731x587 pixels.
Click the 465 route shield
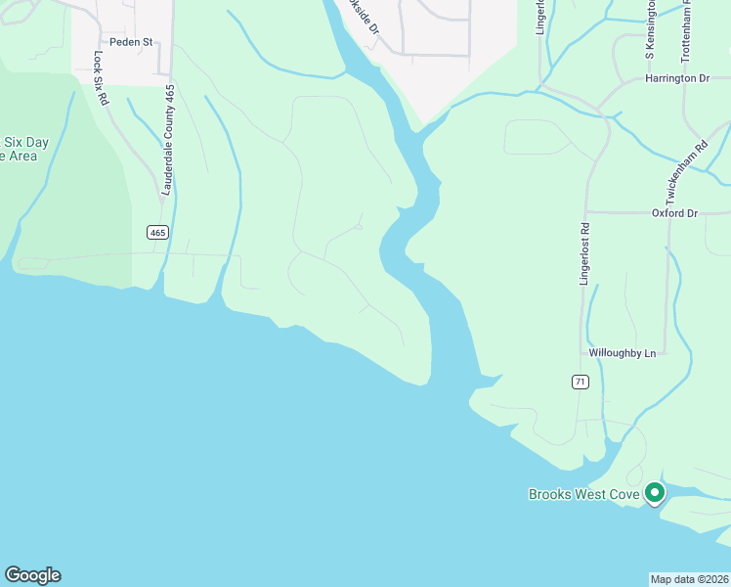click(158, 232)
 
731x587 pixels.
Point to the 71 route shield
click(580, 382)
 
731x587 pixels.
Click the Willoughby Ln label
click(622, 353)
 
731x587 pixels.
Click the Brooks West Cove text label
click(584, 495)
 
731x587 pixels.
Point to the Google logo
click(32, 575)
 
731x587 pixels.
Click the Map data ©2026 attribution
click(689, 579)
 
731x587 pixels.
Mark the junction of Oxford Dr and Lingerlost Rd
click(584, 212)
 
